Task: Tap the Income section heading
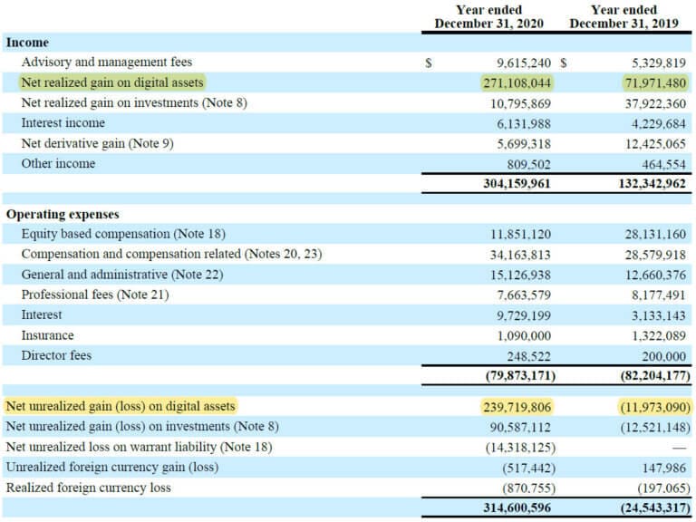[x=28, y=43]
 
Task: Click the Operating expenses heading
[x=63, y=215]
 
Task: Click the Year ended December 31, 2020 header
[x=489, y=17]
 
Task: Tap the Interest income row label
[x=63, y=123]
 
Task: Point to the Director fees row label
[x=56, y=355]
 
